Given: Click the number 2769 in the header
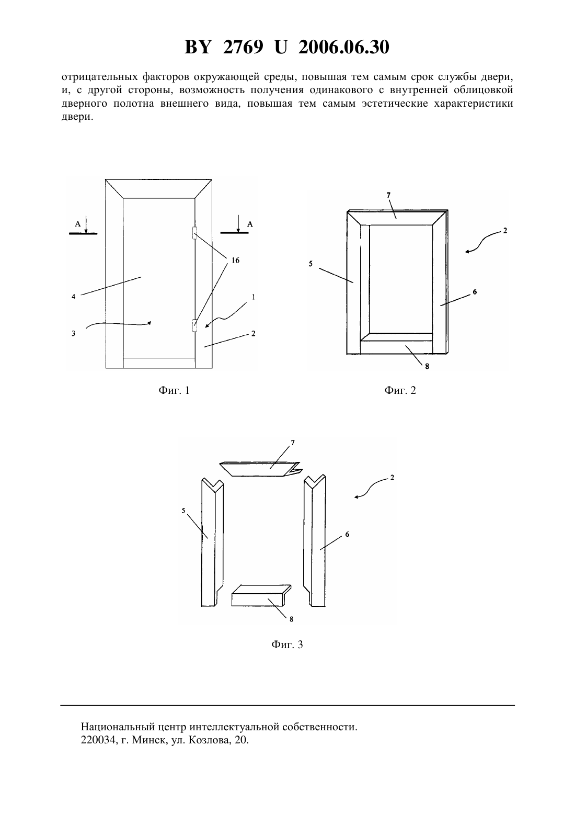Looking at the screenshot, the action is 243,47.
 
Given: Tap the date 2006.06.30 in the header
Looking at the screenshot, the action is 344,47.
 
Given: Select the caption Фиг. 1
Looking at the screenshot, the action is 174,390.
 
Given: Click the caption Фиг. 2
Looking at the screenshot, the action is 400,390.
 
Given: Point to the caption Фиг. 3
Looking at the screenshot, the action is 287,645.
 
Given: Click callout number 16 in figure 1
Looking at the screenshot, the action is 235,260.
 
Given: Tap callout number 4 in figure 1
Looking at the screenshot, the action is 73,297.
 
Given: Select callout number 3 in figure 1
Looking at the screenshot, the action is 73,333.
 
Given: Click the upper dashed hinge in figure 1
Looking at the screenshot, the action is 194,233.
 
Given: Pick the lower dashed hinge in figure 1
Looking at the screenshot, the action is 194,325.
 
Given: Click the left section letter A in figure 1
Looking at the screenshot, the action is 78,224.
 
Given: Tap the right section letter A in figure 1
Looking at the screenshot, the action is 250,224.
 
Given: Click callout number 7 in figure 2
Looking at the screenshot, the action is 388,196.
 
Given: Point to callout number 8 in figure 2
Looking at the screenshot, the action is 427,366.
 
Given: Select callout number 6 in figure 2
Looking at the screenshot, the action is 475,291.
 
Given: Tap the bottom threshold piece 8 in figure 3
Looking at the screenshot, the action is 261,596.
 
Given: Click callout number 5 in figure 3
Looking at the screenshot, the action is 183,511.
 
